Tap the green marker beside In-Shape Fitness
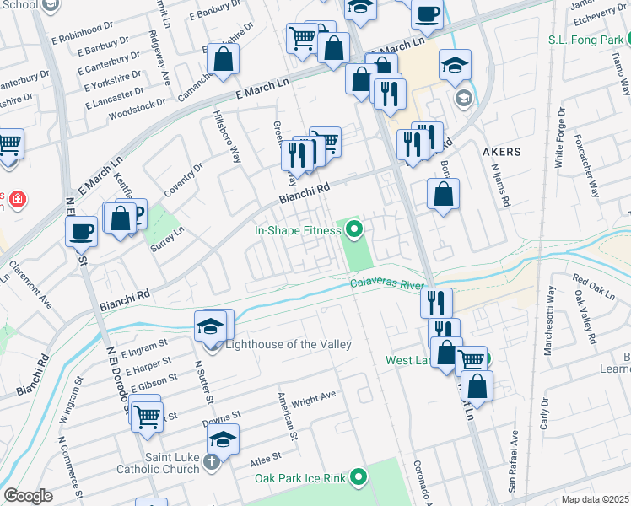coord(354,229)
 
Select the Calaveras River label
coord(386,285)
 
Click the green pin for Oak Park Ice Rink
coord(359,478)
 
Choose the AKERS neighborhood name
coord(502,152)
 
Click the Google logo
coord(28,495)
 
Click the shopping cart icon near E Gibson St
coord(146,416)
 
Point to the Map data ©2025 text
coord(595,499)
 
